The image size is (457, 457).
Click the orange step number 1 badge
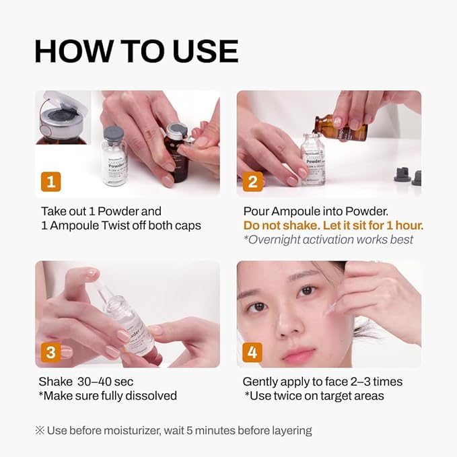click(51, 181)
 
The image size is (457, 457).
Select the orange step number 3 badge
click(51, 351)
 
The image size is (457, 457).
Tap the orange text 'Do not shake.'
click(276, 225)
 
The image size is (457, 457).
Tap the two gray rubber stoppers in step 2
click(407, 178)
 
